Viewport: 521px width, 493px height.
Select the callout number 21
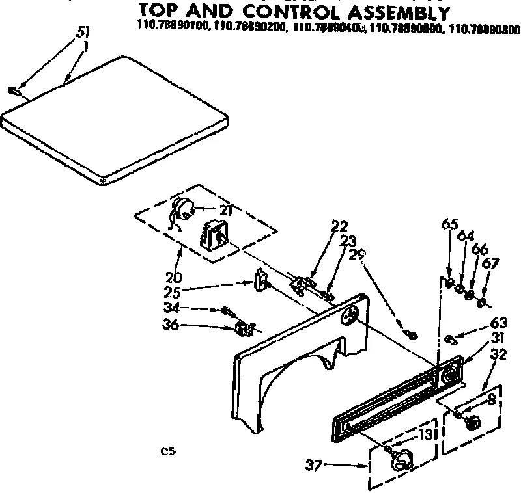coord(226,209)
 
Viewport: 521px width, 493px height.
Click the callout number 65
coord(449,225)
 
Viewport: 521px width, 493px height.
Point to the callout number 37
coord(315,464)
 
